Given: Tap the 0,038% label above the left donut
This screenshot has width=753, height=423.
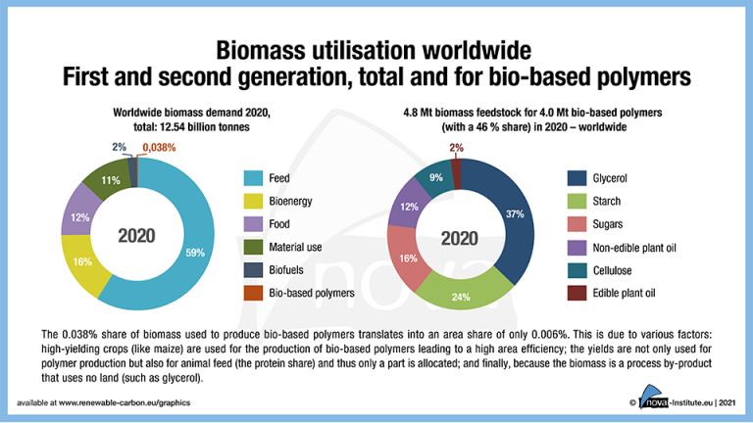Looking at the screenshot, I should click(x=160, y=149).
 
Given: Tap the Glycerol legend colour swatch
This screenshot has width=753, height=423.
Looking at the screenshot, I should click(x=576, y=178).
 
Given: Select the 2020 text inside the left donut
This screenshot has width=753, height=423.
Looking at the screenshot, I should click(x=137, y=236).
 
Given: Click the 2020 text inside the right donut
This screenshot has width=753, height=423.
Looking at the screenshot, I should click(x=459, y=236).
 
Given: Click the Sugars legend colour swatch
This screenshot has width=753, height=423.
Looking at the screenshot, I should click(x=576, y=224).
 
